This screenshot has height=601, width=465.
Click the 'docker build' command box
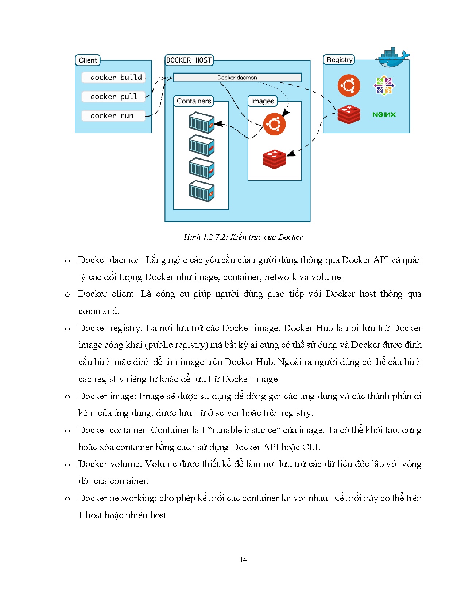(113, 77)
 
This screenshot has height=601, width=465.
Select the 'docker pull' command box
(113, 97)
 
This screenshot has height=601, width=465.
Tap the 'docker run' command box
(113, 115)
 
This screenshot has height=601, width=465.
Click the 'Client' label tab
(88, 60)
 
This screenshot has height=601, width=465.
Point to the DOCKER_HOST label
(189, 60)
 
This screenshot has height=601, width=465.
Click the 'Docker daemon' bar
(237, 78)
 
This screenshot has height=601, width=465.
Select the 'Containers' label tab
(194, 101)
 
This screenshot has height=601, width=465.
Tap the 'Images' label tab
(262, 101)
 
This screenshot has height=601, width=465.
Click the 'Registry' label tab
(339, 60)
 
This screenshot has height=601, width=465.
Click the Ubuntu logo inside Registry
(349, 86)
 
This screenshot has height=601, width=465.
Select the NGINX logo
(384, 115)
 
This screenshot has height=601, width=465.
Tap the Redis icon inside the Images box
(274, 159)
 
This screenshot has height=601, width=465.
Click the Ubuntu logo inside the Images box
(274, 124)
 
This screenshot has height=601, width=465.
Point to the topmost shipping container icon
(201, 123)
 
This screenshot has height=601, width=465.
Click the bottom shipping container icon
(201, 191)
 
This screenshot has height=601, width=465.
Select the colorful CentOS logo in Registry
(384, 86)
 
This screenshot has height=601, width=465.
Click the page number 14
(243, 559)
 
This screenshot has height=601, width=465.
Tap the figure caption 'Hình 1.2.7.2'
(243, 237)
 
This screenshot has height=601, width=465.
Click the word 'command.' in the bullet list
(99, 311)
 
